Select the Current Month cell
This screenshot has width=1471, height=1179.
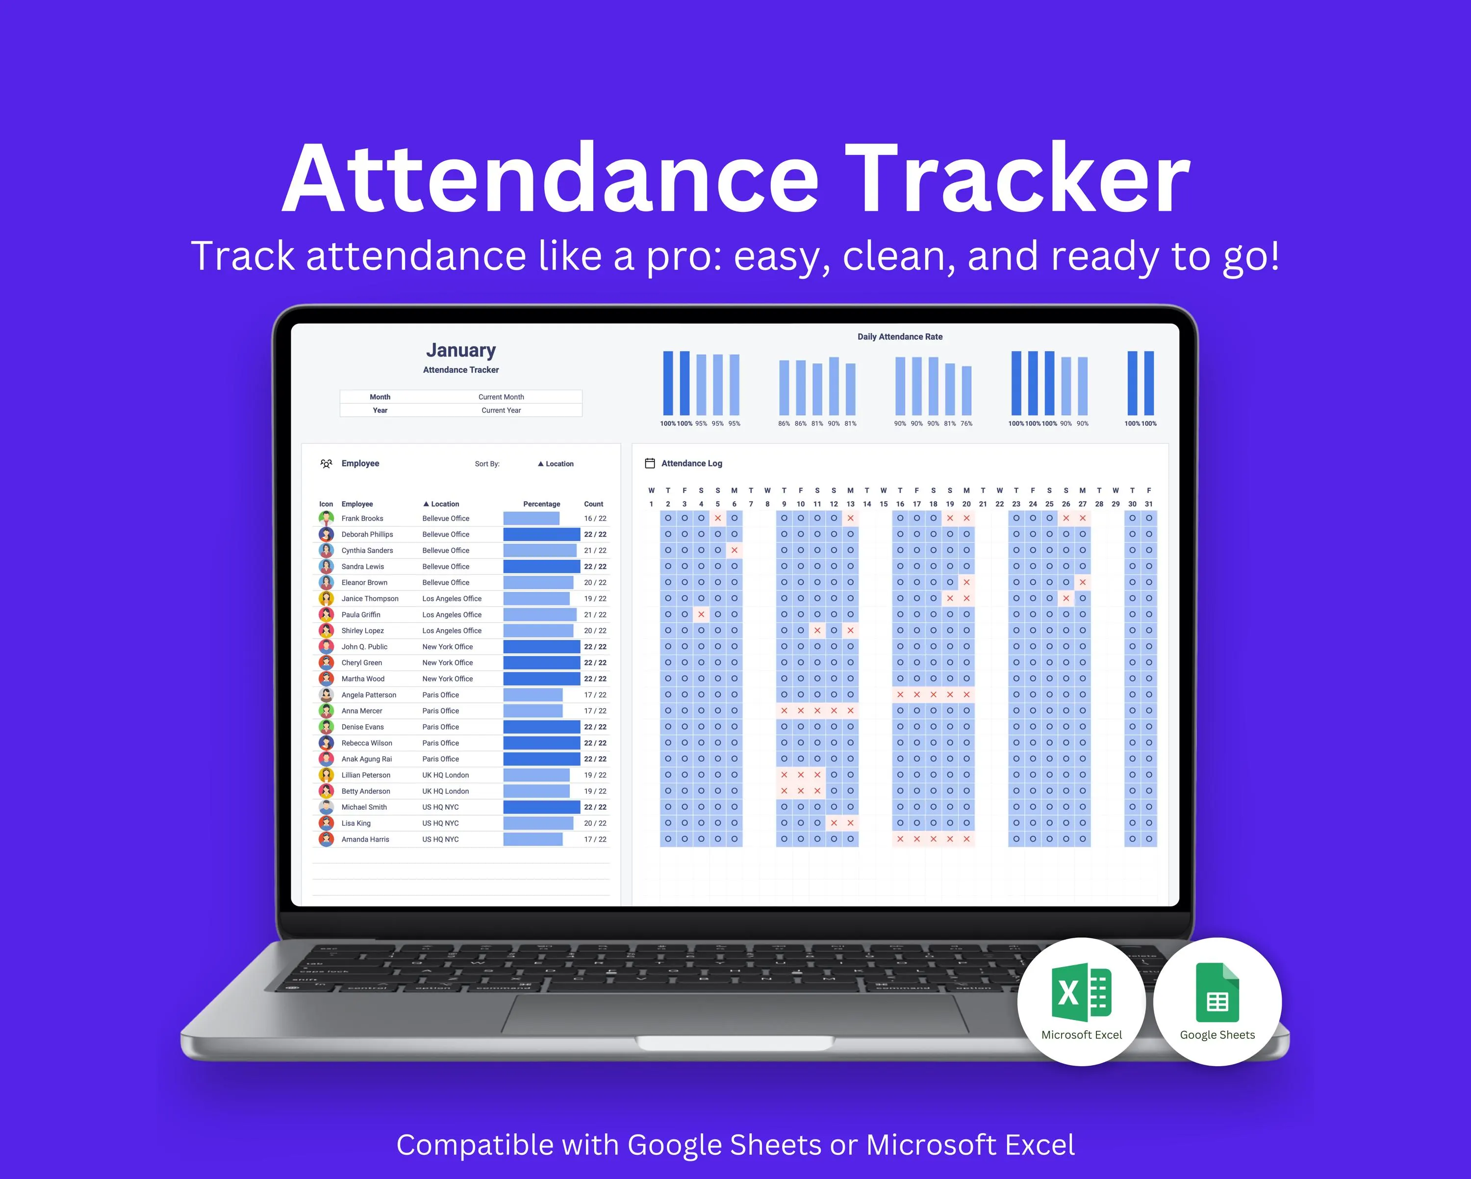[x=501, y=396]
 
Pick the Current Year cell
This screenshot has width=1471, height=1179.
[x=501, y=410]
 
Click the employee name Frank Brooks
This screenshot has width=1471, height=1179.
[x=362, y=518]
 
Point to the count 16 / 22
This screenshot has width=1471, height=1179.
[x=595, y=518]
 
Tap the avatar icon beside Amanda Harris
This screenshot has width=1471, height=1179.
[x=327, y=839]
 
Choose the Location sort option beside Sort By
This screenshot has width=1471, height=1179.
[x=556, y=464]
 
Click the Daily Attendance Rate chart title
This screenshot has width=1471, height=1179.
[x=900, y=337]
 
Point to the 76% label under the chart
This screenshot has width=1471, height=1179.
[x=966, y=424]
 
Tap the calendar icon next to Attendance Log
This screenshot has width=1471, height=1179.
[x=650, y=463]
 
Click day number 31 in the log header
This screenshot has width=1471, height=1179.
[x=1149, y=504]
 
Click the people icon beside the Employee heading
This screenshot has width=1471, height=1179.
[x=326, y=463]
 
